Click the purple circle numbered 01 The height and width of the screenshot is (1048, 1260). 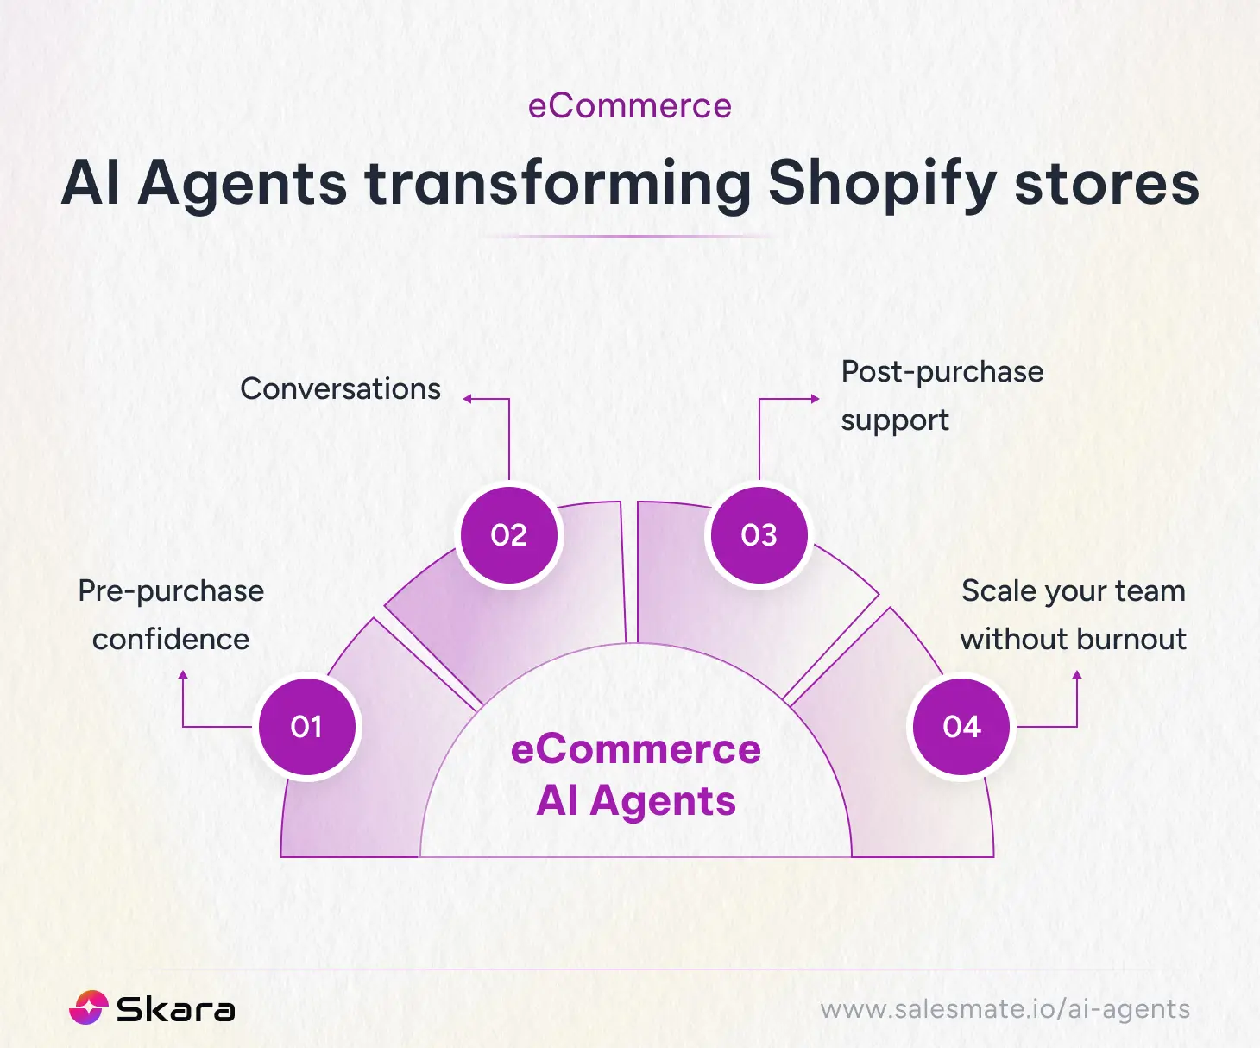coord(306,727)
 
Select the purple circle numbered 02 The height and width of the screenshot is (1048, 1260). coord(508,535)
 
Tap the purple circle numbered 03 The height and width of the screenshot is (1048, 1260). coord(759,535)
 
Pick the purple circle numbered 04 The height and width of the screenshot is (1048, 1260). coord(961,727)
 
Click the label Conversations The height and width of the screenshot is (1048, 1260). coord(340,389)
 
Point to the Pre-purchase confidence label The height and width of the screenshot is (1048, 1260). coord(171,615)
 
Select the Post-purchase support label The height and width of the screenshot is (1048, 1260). coord(942,395)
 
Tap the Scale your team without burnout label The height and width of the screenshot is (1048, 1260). coord(1073,615)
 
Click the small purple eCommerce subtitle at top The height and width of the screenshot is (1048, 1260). coord(630,106)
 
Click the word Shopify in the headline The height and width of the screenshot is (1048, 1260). coord(883,183)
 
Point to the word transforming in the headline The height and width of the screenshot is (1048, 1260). coord(558,183)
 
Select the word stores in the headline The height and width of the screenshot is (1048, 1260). coord(1106,183)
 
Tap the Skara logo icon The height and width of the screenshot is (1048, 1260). coord(88,1007)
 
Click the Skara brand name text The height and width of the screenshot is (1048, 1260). coord(175,1009)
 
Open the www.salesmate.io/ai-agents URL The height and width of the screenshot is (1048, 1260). coord(1005,1009)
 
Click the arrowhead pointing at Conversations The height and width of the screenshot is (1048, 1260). coord(467,399)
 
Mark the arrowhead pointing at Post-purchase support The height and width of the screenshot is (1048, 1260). coord(815,399)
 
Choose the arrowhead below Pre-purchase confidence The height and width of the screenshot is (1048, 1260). coord(183,675)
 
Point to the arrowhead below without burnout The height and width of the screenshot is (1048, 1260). coord(1077,675)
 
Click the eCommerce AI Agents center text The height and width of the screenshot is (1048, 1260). coord(636,775)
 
